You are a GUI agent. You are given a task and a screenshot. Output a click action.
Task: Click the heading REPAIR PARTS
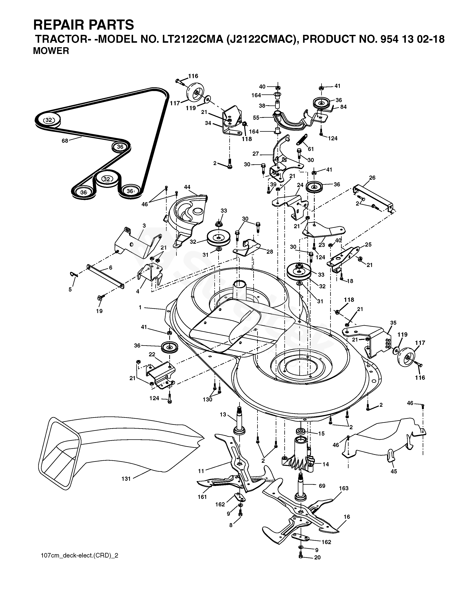(84, 25)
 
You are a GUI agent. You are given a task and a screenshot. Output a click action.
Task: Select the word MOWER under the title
(51, 51)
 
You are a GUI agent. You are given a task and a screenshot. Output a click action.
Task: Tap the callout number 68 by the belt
(65, 141)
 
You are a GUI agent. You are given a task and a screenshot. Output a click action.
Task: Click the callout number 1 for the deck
(140, 307)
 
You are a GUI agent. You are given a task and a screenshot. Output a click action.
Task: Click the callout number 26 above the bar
(372, 178)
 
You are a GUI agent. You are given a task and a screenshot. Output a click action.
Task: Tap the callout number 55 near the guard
(256, 118)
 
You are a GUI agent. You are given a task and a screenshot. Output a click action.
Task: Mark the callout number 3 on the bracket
(144, 226)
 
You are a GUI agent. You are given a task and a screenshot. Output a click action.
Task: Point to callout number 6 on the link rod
(111, 268)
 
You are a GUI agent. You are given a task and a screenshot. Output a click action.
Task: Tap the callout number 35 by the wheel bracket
(393, 323)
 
